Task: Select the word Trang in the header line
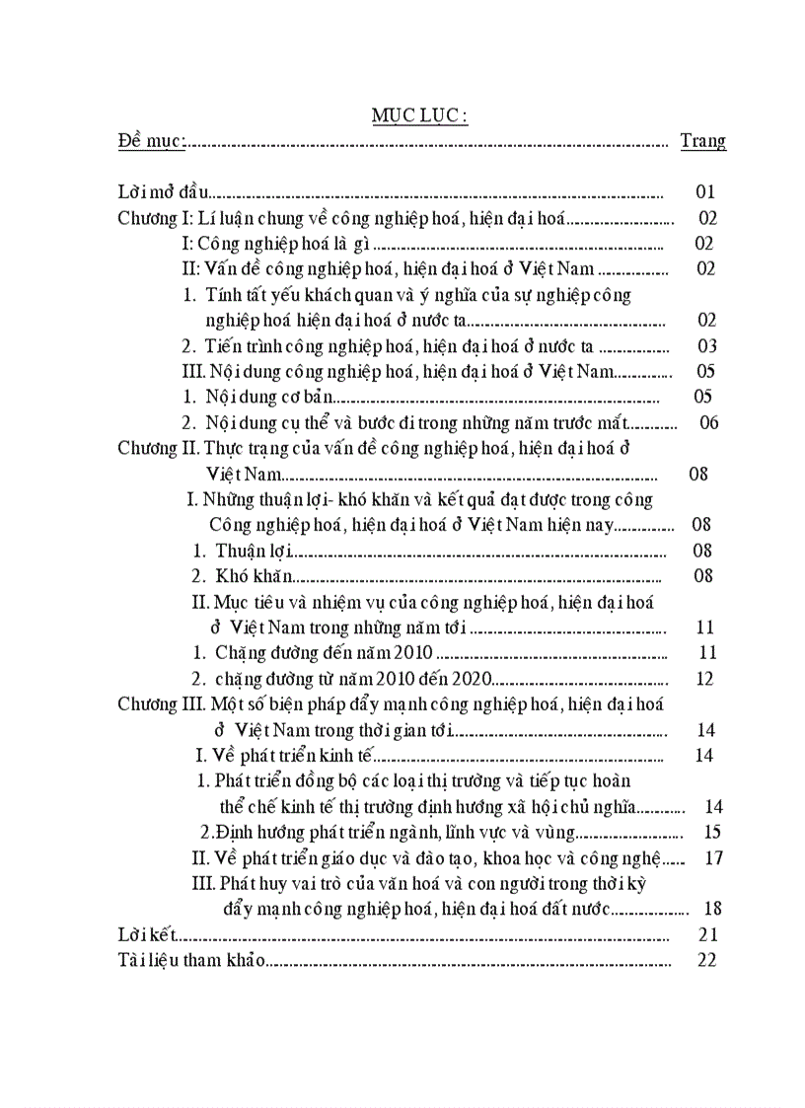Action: (x=702, y=141)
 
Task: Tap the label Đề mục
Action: (x=151, y=141)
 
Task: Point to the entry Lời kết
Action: (x=145, y=934)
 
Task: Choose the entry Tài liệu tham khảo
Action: (x=191, y=960)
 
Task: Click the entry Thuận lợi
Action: (x=252, y=551)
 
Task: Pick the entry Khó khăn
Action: (x=252, y=576)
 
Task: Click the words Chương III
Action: (x=161, y=704)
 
